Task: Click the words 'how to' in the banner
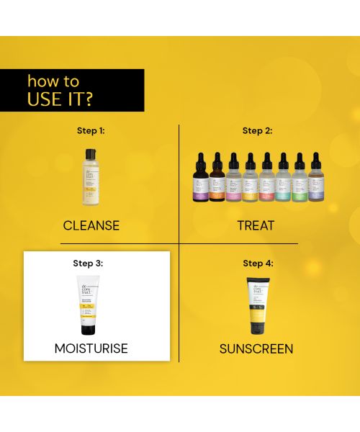point(53,81)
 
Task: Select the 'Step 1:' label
point(91,131)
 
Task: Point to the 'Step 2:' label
point(257,131)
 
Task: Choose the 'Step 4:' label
point(258,264)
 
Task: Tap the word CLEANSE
point(91,225)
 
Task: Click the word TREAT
point(256,225)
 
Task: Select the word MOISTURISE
point(91,348)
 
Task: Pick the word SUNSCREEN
point(256,349)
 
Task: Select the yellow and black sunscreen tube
point(258,305)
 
